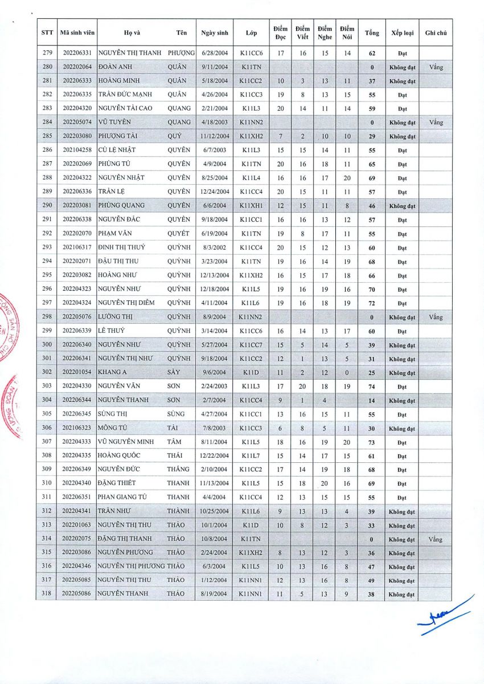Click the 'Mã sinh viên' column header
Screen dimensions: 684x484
[x=76, y=33]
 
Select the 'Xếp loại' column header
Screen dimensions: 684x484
[x=402, y=33]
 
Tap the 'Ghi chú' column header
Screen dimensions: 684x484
[x=436, y=33]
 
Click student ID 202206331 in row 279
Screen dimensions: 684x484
[x=76, y=53]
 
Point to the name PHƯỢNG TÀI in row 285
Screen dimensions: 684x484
[x=117, y=136]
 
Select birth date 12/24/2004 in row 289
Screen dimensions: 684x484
[x=215, y=192]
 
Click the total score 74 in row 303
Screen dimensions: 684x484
[x=372, y=387]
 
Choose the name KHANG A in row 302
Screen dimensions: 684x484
[x=111, y=372]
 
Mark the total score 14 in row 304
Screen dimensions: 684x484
[x=372, y=401]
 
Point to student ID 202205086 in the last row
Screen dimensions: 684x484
[x=76, y=594]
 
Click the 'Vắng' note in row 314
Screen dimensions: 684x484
[x=436, y=539]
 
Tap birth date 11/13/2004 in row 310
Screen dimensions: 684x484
[x=215, y=483]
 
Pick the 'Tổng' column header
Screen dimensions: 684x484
[x=372, y=33]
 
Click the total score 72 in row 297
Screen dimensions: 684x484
[x=372, y=303]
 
